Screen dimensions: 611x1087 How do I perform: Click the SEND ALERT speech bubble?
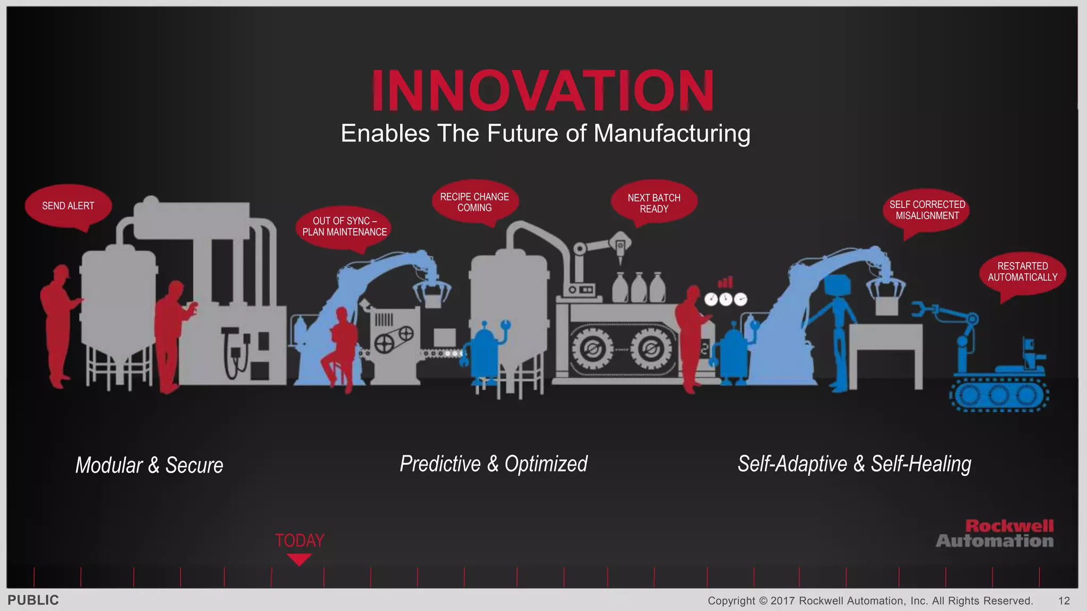pyautogui.click(x=68, y=206)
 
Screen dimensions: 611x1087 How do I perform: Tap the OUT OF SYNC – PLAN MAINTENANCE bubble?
pyautogui.click(x=344, y=227)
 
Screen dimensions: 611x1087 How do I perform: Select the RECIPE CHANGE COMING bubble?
pyautogui.click(x=475, y=202)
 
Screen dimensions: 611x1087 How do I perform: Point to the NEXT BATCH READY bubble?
pyautogui.click(x=654, y=203)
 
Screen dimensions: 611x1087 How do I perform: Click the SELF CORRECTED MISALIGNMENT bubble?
pyautogui.click(x=927, y=210)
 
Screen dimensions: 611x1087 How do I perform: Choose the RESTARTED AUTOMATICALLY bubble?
pyautogui.click(x=1022, y=272)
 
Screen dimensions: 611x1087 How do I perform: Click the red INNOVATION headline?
pyautogui.click(x=543, y=91)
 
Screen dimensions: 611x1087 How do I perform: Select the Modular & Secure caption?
pyautogui.click(x=149, y=465)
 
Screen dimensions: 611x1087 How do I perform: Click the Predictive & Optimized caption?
pyautogui.click(x=494, y=464)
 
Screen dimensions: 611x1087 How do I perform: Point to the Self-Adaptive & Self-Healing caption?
pyautogui.click(x=854, y=464)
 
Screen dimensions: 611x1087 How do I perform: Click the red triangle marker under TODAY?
pyautogui.click(x=299, y=559)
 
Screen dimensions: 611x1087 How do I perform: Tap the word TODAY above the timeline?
pyautogui.click(x=299, y=540)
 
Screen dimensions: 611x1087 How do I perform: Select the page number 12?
pyautogui.click(x=1064, y=601)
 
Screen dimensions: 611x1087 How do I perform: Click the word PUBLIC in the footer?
pyautogui.click(x=33, y=600)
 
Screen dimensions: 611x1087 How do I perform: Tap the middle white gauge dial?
pyautogui.click(x=726, y=300)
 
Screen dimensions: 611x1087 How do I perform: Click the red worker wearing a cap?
pyautogui.click(x=59, y=324)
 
